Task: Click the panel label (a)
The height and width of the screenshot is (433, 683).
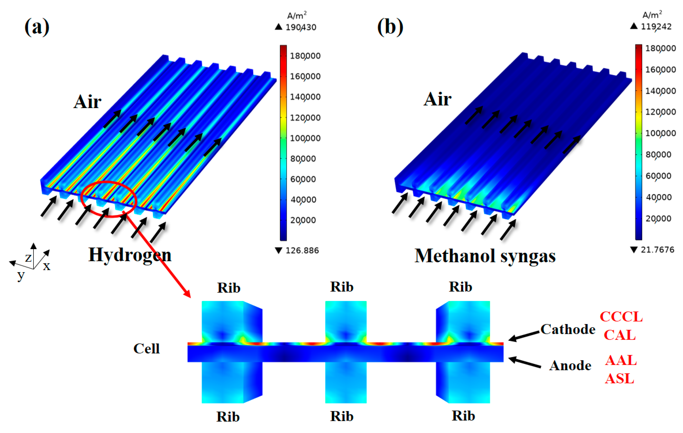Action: [37, 27]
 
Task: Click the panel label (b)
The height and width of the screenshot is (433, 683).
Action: [390, 27]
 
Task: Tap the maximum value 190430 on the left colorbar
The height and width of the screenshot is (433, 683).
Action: [301, 27]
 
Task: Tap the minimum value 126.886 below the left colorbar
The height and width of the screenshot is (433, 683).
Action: [302, 250]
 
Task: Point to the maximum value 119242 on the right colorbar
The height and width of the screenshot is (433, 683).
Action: [656, 27]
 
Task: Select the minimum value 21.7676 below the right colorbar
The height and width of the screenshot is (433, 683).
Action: [657, 250]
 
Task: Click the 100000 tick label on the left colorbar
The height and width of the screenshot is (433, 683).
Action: [305, 138]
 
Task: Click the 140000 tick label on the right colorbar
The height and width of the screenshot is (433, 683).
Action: [660, 91]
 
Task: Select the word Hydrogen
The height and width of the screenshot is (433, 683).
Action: [130, 255]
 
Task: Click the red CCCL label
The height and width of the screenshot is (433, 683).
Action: [621, 317]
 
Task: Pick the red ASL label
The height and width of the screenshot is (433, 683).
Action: [620, 379]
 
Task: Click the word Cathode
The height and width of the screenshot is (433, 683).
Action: [568, 329]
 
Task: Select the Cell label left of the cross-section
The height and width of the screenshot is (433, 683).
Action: [146, 349]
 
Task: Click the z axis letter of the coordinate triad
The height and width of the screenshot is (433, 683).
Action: [28, 258]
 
